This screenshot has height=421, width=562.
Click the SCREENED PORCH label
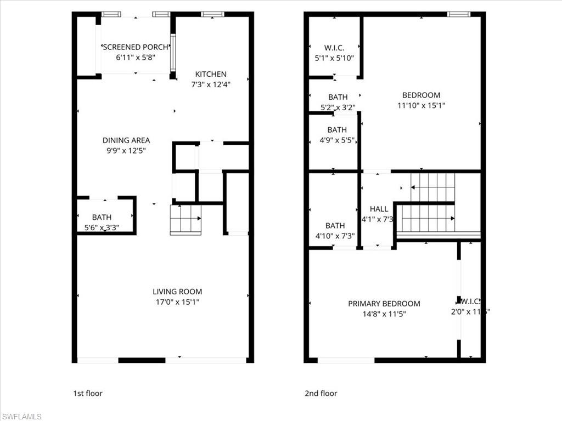click(x=135, y=47)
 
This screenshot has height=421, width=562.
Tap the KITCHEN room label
click(x=211, y=74)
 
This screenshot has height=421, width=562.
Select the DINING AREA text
click(x=126, y=140)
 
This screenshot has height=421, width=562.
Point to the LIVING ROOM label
click(x=177, y=292)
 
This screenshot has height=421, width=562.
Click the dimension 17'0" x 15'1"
click(x=177, y=302)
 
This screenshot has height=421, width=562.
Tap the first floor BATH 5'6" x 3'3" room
click(x=105, y=221)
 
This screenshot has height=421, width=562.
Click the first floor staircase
click(x=186, y=219)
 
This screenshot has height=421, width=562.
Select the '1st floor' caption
click(x=88, y=393)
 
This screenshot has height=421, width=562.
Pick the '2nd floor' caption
click(x=321, y=393)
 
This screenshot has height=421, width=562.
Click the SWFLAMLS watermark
click(x=21, y=416)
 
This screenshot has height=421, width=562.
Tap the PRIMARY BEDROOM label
click(x=384, y=304)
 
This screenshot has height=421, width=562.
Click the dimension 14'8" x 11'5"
click(x=384, y=314)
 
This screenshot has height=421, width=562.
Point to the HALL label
click(x=379, y=209)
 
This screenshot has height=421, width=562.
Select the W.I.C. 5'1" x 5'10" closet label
click(x=334, y=53)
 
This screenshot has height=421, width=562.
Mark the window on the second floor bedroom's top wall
click(x=458, y=14)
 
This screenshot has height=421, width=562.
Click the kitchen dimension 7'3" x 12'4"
click(x=211, y=84)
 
